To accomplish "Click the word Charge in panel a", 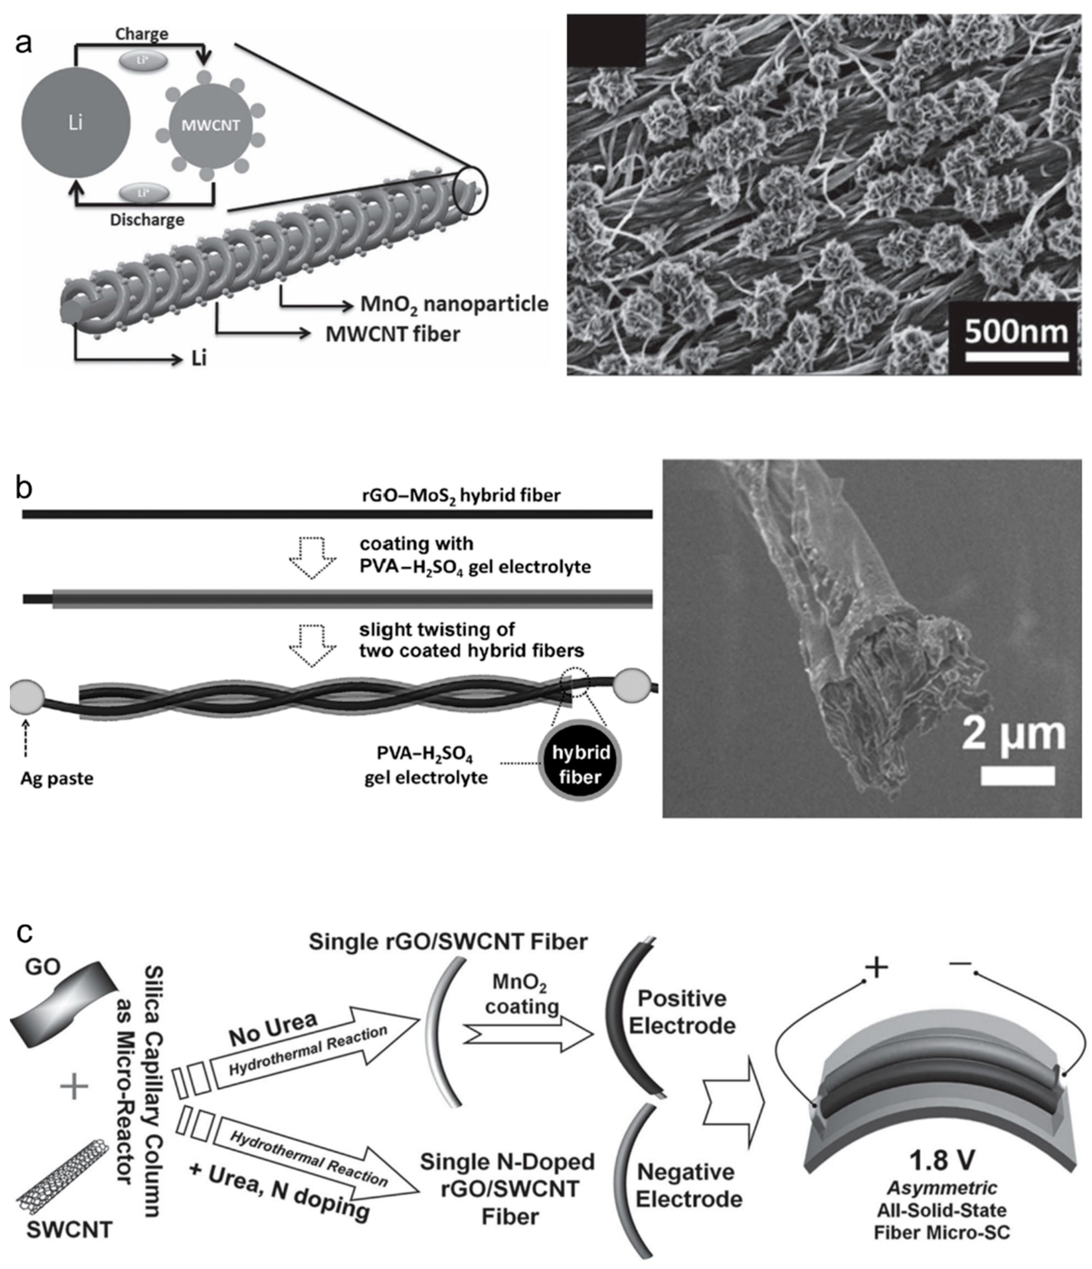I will point(142,34).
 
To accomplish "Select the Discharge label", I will point(147,220).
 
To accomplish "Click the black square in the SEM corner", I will point(606,40).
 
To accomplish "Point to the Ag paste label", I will point(57,778).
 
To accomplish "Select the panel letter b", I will point(24,488).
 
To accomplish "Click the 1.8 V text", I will point(941,1160).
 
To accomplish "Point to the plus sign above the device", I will point(876,968).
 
